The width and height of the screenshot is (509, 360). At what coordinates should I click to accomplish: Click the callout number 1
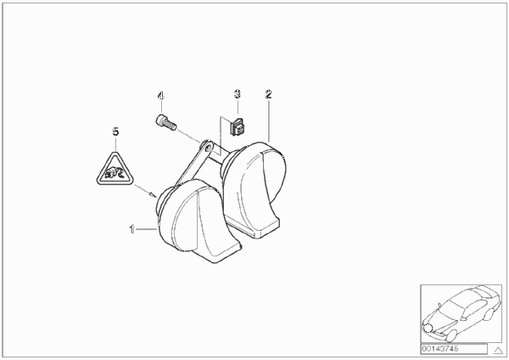click(x=131, y=229)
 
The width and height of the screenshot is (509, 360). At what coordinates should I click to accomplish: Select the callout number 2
click(x=268, y=94)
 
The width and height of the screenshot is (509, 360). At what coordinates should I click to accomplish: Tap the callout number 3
click(x=238, y=94)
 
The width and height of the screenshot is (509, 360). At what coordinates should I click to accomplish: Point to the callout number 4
click(x=160, y=96)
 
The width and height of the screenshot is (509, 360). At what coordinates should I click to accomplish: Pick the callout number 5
click(x=115, y=132)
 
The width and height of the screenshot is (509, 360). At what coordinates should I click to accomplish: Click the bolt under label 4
click(x=166, y=123)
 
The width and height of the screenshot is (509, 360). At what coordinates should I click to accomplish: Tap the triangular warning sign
click(x=115, y=170)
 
